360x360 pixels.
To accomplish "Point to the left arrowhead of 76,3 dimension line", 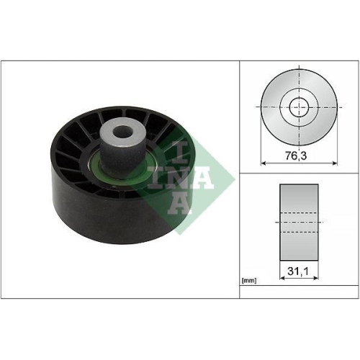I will tap(263, 163).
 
